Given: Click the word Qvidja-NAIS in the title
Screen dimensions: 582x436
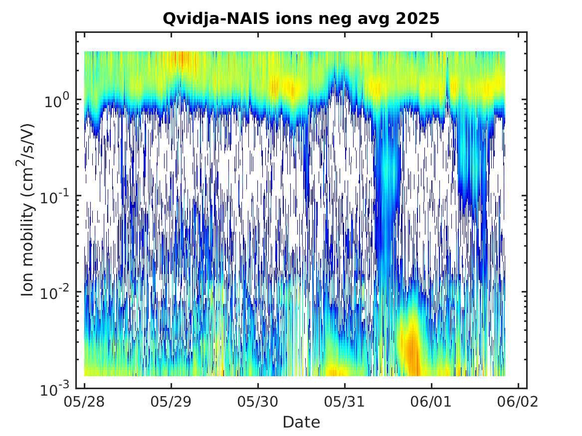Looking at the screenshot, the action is [x=216, y=18].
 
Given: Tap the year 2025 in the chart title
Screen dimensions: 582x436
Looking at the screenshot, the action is [x=417, y=18].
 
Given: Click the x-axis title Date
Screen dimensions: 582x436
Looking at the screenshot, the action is [x=301, y=422].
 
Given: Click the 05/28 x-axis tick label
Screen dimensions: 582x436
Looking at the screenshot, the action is [x=84, y=402].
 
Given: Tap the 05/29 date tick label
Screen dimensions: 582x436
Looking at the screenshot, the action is [x=171, y=402].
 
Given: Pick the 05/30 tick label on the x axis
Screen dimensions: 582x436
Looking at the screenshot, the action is [x=258, y=402].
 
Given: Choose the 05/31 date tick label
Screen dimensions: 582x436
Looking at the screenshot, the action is [x=345, y=402].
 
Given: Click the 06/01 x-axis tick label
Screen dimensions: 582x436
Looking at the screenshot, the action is [x=431, y=402].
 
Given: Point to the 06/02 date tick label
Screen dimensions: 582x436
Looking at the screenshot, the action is [x=518, y=402].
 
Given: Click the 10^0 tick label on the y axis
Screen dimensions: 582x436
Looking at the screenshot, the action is [x=56, y=100].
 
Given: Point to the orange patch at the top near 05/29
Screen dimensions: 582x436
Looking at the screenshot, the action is [x=183, y=59].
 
